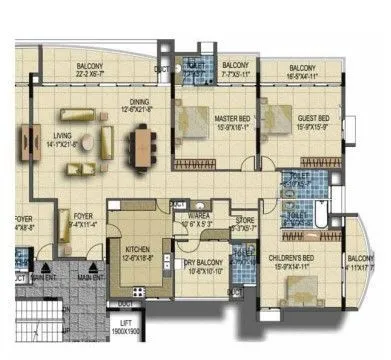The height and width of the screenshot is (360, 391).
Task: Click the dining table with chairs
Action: coord(143,147)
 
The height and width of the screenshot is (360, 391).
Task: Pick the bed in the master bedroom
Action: coord(200,130)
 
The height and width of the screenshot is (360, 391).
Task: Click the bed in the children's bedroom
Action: coord(298,291)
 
